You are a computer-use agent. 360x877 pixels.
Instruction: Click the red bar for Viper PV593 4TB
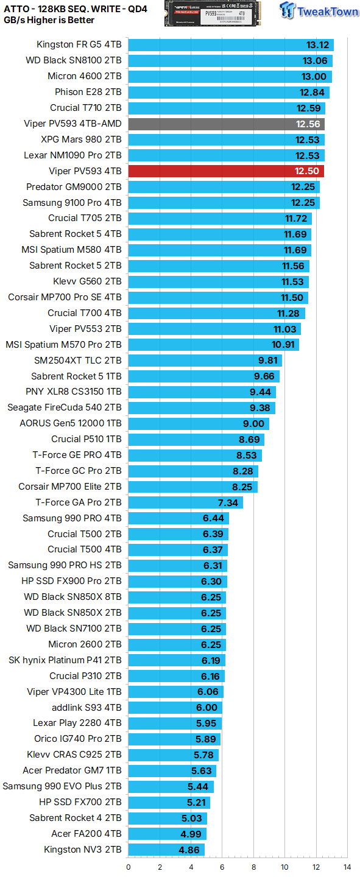coord(226,171)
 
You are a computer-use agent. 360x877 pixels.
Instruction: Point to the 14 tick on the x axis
coord(347,867)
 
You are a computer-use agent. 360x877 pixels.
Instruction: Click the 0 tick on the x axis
coord(129,867)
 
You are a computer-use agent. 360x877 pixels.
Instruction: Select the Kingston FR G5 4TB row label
coord(79,44)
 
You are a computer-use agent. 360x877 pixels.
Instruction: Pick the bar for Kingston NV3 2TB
coord(166,850)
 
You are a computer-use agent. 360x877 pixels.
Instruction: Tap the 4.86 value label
coord(189,850)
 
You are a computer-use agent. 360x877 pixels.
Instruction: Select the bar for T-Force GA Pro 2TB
coord(186,502)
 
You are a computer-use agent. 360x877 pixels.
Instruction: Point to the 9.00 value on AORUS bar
coord(254,423)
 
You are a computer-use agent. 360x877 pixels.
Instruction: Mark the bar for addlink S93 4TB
coord(175,708)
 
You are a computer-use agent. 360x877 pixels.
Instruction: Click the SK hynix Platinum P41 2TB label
coord(65,660)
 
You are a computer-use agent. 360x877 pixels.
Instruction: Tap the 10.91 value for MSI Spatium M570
coord(283,345)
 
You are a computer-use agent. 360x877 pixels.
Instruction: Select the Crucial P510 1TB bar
coord(196,439)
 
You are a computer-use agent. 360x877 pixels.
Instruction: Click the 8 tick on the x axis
coord(253,867)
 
